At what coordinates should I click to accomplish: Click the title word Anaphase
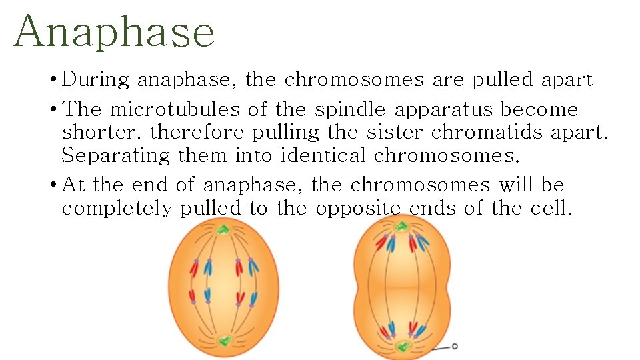click(x=114, y=32)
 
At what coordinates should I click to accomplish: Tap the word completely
click(x=117, y=208)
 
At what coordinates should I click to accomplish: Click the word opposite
click(x=359, y=208)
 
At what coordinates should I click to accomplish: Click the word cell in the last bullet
click(x=551, y=208)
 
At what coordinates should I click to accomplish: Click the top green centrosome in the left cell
click(x=223, y=230)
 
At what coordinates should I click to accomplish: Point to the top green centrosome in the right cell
click(x=401, y=227)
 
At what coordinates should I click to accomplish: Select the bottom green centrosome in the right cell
click(x=401, y=347)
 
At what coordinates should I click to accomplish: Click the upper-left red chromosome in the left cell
click(x=194, y=268)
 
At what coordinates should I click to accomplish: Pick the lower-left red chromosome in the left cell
click(x=193, y=296)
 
